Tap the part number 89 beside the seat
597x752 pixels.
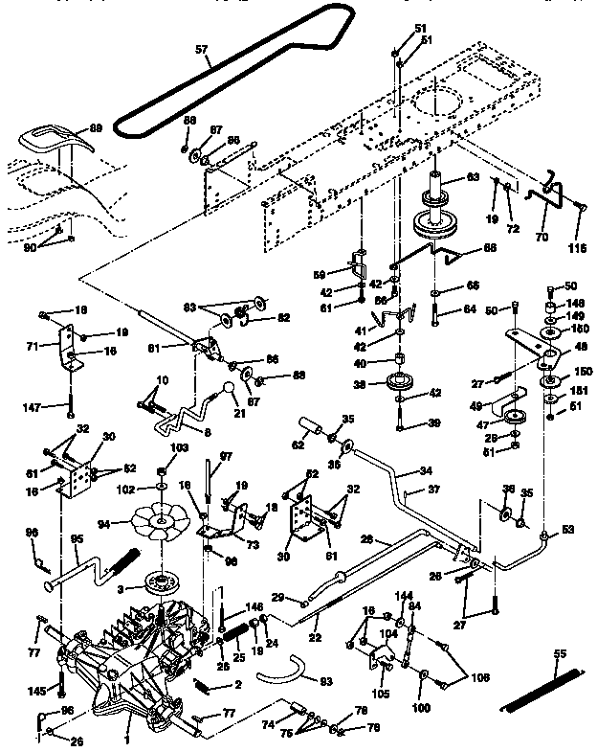[96, 127]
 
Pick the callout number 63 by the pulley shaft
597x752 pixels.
[472, 178]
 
